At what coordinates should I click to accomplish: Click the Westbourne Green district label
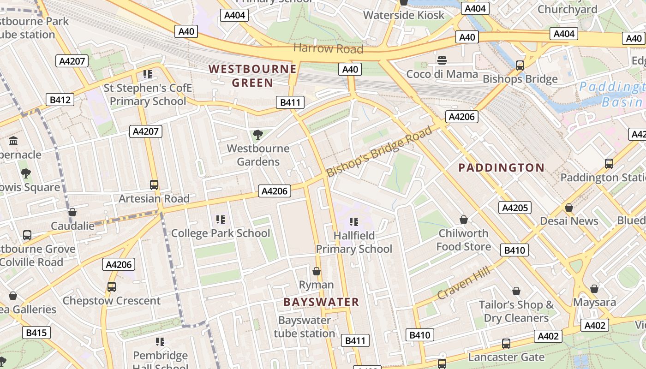[252, 76]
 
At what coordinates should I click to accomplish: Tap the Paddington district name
[501, 167]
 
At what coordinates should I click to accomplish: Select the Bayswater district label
[321, 302]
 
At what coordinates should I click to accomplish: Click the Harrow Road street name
[328, 48]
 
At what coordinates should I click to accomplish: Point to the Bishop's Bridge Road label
[379, 151]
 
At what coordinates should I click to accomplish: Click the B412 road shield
[60, 100]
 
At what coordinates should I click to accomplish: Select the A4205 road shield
[514, 208]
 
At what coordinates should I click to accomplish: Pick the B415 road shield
[36, 333]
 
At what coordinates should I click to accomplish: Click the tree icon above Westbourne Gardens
[258, 135]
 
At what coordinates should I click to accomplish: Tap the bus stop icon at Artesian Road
[154, 185]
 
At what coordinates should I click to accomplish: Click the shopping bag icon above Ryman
[317, 271]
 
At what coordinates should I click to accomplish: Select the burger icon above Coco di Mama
[442, 60]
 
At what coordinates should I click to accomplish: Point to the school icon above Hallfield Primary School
[354, 222]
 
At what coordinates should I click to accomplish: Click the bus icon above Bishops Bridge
[520, 65]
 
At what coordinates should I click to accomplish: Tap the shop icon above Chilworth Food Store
[464, 220]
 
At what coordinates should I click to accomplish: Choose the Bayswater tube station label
[305, 327]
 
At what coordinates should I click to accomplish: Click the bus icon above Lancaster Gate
[506, 344]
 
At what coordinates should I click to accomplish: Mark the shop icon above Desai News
[569, 208]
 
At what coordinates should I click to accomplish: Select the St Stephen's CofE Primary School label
[148, 95]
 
